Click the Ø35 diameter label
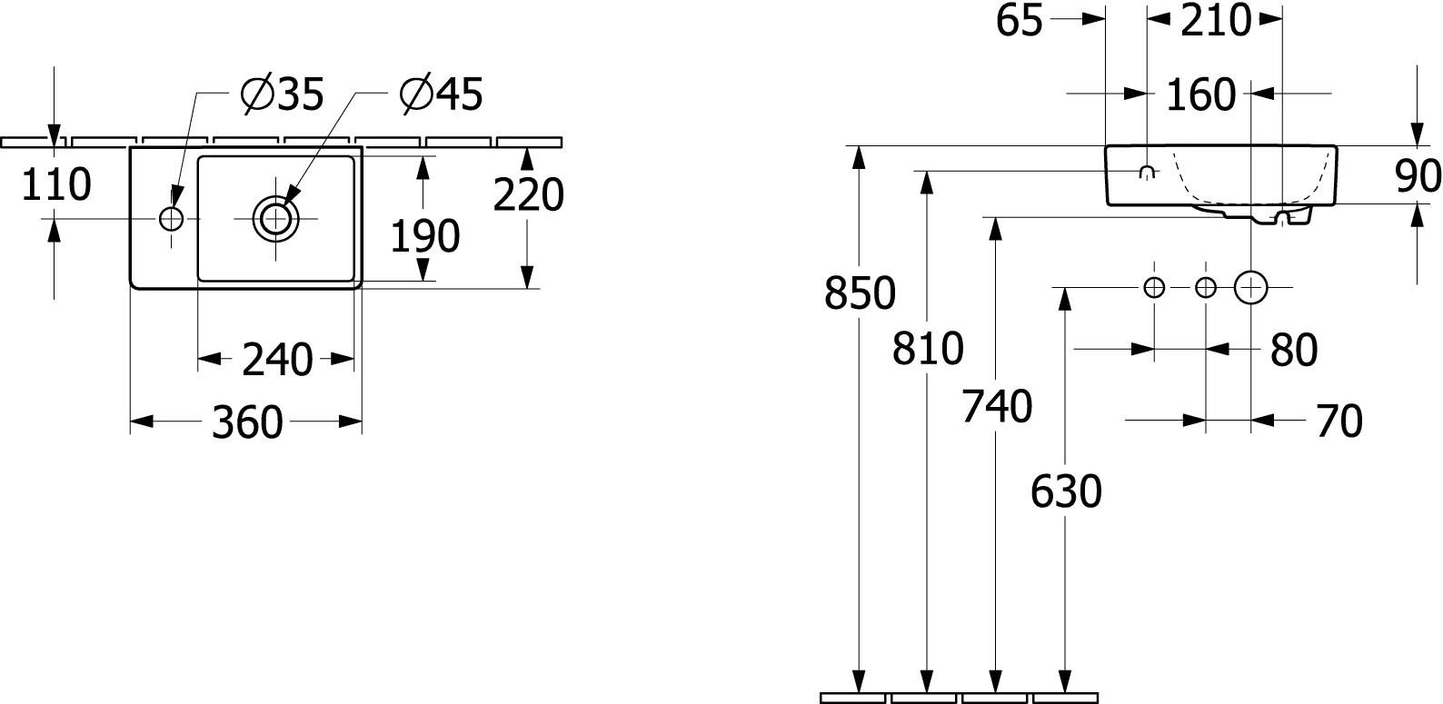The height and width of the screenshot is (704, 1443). pos(283,94)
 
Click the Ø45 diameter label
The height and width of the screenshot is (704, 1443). pos(442,94)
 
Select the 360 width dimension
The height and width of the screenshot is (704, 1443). pos(247,422)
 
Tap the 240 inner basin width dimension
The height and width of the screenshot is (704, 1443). pos(277,360)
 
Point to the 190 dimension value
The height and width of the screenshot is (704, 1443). pos(425,236)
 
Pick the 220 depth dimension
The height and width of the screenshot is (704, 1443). pos(528,195)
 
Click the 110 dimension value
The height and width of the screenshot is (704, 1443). pos(56,184)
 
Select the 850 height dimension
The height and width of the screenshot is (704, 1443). pos(860,293)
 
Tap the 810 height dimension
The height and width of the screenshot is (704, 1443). pos(928,349)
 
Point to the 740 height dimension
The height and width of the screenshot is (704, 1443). pos(997,407)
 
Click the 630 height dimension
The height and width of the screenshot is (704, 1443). pos(1066,491)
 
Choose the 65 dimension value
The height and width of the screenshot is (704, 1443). pos(1020,21)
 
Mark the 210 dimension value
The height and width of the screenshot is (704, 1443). pos(1216,21)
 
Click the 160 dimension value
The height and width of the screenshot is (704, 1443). pos(1200,94)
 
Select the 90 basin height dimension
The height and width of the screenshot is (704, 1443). pos(1418,176)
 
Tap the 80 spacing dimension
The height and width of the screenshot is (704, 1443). pos(1294,351)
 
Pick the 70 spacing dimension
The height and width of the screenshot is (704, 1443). pos(1339,421)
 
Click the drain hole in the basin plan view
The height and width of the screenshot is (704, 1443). pos(275,220)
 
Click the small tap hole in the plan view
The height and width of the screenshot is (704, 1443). pos(172,220)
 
